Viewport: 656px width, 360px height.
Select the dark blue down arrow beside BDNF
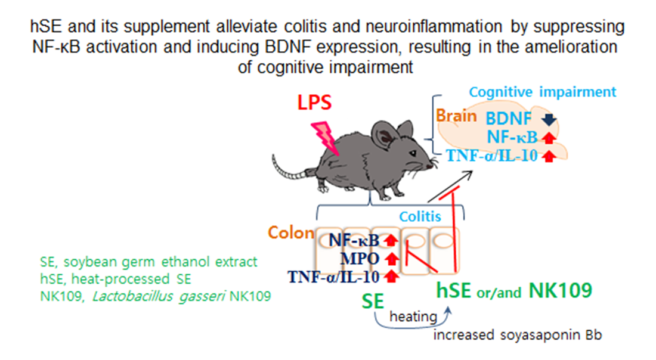(x=549, y=120)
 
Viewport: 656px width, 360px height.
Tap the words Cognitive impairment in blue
(x=541, y=92)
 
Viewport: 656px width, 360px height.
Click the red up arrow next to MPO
(x=391, y=259)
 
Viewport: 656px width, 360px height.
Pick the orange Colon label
(x=290, y=232)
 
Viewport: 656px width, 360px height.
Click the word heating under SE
(x=413, y=316)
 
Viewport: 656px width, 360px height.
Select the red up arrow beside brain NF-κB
(x=548, y=138)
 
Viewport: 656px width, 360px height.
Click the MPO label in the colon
(x=361, y=259)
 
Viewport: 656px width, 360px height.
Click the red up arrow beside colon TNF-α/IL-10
(x=391, y=275)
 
